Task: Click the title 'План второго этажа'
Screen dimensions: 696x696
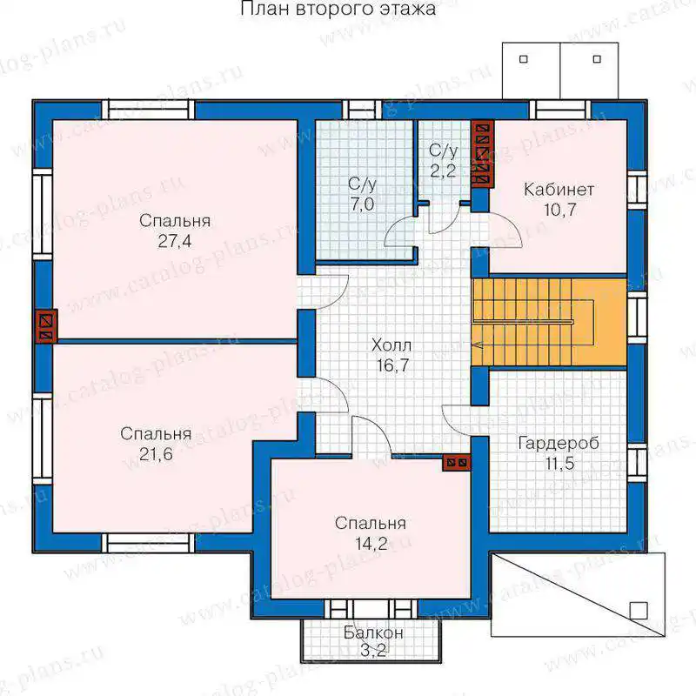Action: click(x=338, y=9)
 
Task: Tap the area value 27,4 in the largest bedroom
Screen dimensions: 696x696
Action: click(x=175, y=241)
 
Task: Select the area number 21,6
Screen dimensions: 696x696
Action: click(x=156, y=454)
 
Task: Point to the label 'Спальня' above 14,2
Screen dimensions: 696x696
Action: click(x=371, y=524)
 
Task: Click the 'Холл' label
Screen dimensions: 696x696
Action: click(x=391, y=345)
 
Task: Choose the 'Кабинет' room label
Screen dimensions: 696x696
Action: click(x=559, y=190)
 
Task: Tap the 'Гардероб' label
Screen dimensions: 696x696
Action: click(x=559, y=443)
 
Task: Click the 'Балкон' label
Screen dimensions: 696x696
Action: click(x=373, y=632)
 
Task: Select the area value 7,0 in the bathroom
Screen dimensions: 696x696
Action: click(x=362, y=204)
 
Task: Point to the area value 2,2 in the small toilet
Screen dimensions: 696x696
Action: click(x=443, y=171)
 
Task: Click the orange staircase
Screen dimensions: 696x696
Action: click(x=549, y=322)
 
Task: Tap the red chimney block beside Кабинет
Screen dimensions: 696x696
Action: click(x=483, y=154)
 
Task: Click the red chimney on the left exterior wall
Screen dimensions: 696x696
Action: click(x=46, y=325)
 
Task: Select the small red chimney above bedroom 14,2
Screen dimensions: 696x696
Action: click(x=456, y=463)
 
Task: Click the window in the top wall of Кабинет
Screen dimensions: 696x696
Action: click(x=559, y=110)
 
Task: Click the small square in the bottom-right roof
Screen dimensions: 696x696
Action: click(x=639, y=611)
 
